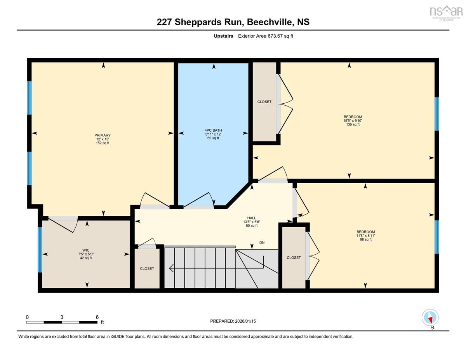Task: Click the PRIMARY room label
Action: [x=103, y=135]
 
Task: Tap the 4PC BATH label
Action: [x=213, y=130]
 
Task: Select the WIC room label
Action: [x=86, y=250]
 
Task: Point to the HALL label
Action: [x=252, y=218]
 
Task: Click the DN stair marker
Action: [x=262, y=242]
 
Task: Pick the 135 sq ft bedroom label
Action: [x=353, y=117]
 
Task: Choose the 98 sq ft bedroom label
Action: [x=366, y=232]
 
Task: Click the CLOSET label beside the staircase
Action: [x=147, y=268]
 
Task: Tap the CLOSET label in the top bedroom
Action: [x=264, y=102]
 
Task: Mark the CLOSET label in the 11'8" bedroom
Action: [x=294, y=257]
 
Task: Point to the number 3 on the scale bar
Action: [x=62, y=317]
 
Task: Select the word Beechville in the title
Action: [x=270, y=22]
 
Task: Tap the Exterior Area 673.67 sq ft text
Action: [x=266, y=36]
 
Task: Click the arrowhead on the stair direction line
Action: [x=171, y=268]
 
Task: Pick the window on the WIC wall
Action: [x=40, y=250]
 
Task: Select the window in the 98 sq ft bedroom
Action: [x=436, y=237]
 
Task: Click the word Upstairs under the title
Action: [x=223, y=36]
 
